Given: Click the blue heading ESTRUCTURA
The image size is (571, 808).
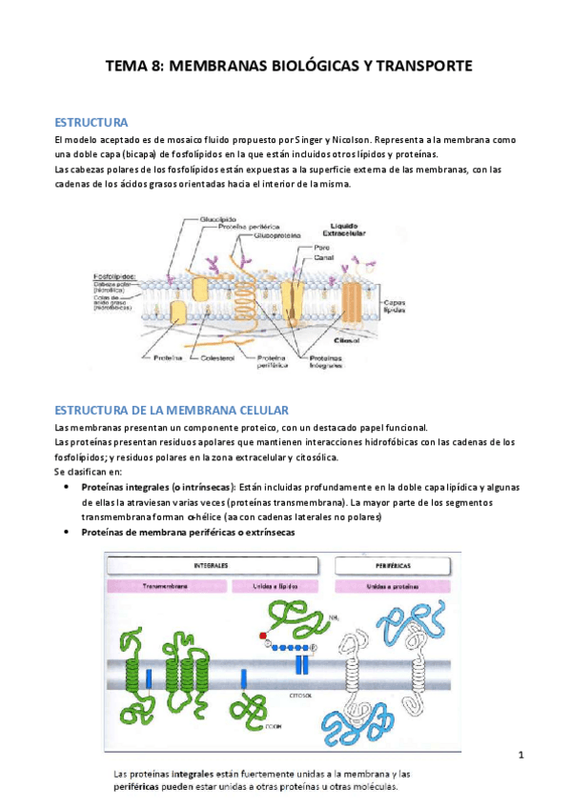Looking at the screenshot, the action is point(92,123).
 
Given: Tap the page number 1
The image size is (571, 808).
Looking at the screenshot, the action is point(521,756).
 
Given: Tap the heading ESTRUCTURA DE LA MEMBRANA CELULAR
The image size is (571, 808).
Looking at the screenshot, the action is point(172,410).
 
